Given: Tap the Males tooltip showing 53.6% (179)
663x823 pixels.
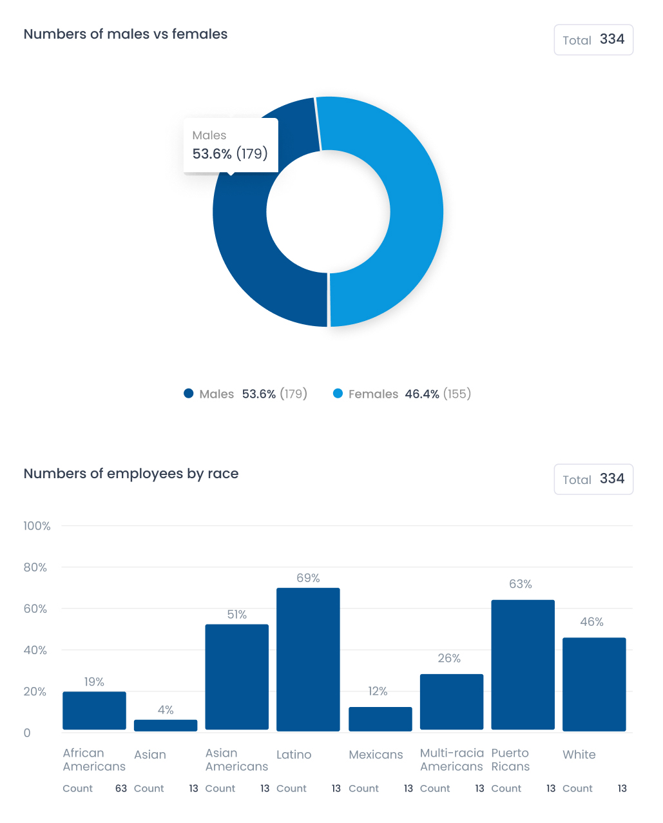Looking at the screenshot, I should point(230,146).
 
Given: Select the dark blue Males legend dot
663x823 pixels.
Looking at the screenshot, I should point(189,394).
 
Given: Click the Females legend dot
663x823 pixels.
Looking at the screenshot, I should point(338,394).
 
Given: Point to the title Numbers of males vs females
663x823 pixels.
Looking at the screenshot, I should point(126,34).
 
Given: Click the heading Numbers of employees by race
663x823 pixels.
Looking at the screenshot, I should point(131,474).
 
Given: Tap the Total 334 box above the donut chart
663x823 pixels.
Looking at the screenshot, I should point(593,40).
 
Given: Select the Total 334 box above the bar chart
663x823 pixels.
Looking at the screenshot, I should point(593,479).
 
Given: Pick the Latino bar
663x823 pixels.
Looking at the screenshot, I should point(308,659).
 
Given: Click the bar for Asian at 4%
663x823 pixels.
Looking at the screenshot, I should point(166,726).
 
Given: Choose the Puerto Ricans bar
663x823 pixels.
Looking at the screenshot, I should point(523,664).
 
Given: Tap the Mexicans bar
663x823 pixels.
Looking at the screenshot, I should point(380,719).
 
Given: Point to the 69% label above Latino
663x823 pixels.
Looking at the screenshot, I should point(308,578).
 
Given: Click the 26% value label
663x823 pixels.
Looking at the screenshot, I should point(449,658).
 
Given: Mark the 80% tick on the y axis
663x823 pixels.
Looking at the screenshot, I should point(35,567).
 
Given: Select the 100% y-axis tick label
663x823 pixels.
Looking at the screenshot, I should point(37,526).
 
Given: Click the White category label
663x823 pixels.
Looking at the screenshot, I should point(579,755).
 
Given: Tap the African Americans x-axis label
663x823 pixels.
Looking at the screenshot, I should point(94,760).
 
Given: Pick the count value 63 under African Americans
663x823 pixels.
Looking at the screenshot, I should point(121,788).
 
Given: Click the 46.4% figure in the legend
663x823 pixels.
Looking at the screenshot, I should point(422,394).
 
